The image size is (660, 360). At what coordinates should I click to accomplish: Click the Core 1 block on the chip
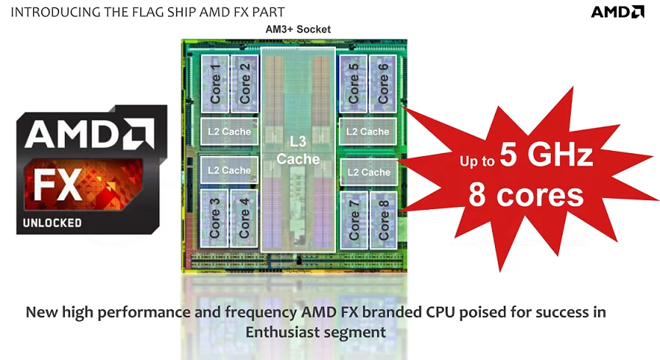215,84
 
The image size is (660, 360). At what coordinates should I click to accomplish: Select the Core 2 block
245,84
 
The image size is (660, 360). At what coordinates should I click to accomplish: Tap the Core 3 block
215,218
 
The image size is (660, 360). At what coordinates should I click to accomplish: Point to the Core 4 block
245,218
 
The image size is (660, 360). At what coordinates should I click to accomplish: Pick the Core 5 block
354,84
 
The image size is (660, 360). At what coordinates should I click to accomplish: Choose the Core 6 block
383,84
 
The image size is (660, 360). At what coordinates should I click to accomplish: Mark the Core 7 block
354,219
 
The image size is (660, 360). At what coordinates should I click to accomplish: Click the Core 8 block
383,219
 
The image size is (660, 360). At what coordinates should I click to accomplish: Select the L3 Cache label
298,149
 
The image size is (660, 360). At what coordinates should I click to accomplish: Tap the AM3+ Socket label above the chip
298,29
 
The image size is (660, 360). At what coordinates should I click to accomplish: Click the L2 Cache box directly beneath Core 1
229,132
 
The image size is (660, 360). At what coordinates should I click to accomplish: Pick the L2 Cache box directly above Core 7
368,172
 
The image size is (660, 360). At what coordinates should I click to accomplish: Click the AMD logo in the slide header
617,12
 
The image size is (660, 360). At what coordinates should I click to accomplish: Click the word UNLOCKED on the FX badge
52,222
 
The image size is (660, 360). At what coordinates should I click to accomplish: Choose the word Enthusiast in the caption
282,332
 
